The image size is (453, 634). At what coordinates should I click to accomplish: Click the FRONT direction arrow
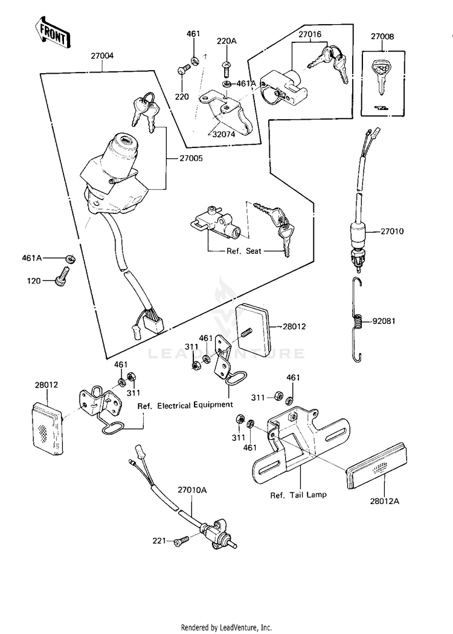tap(51, 34)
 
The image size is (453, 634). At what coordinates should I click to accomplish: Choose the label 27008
tap(382, 37)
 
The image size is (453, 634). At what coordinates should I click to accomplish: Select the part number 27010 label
tap(393, 231)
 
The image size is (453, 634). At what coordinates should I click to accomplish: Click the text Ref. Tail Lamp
tap(298, 494)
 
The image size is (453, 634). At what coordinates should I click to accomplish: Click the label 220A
tap(226, 42)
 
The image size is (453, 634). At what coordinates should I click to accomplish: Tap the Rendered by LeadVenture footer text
tap(226, 627)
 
